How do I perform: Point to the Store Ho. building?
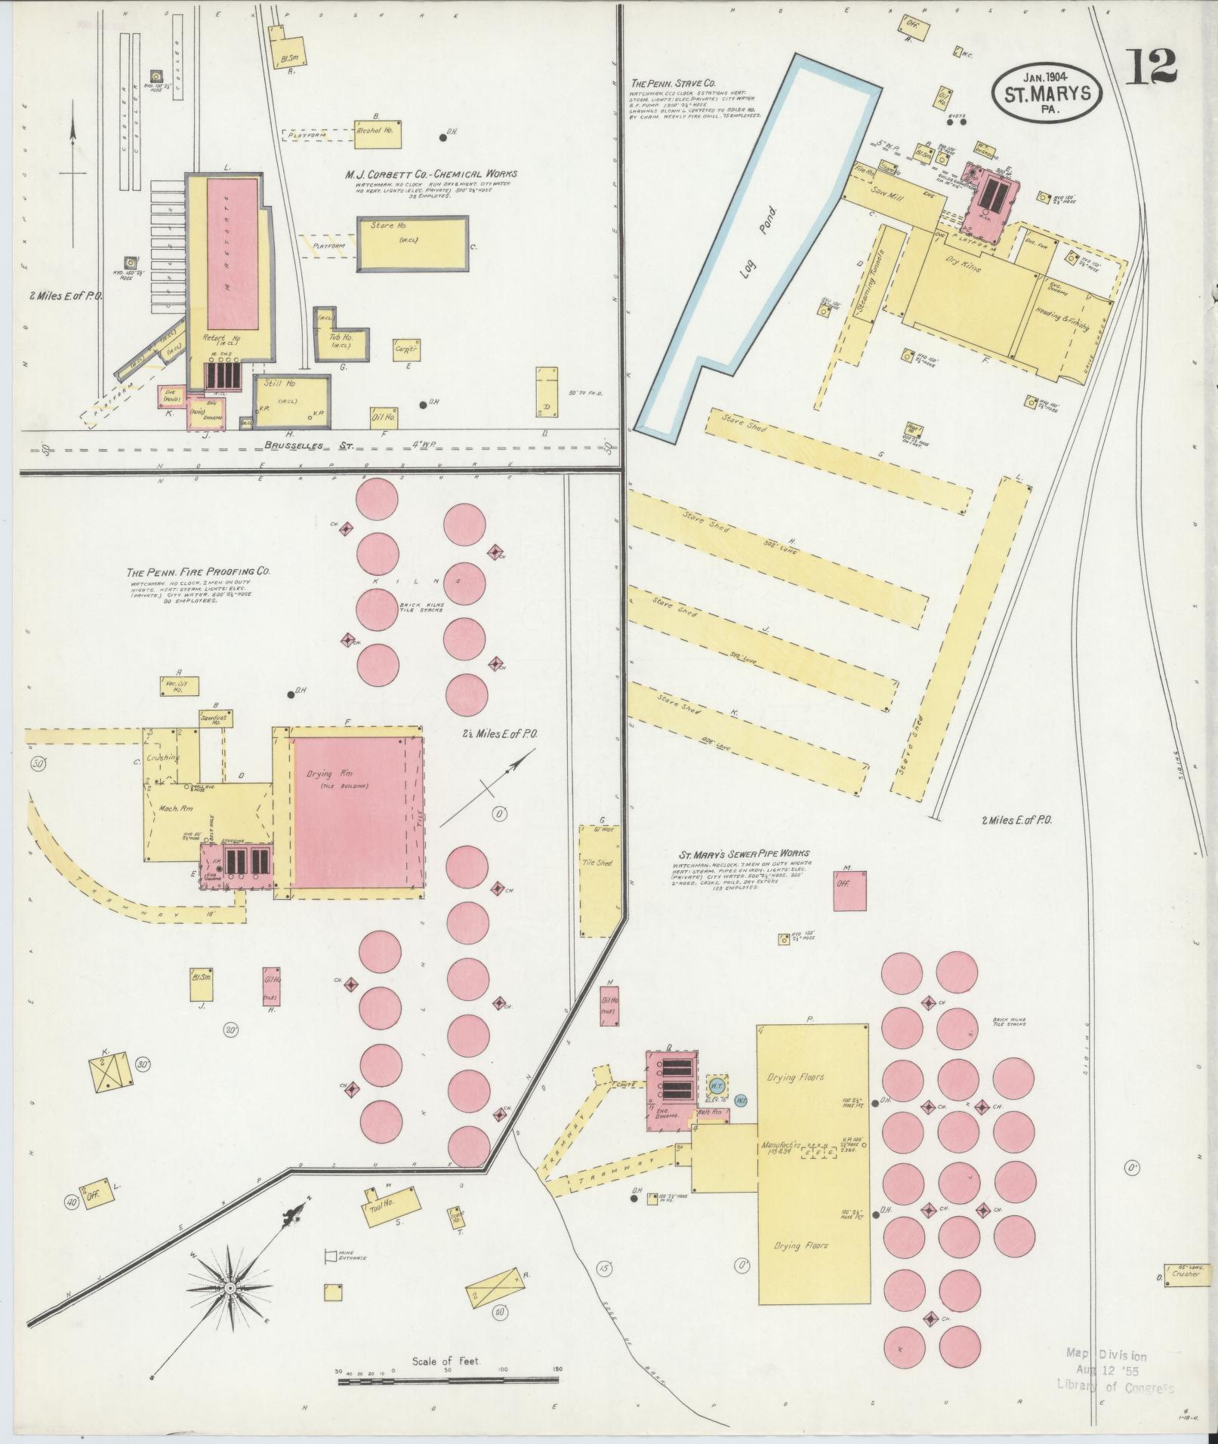pyautogui.click(x=412, y=243)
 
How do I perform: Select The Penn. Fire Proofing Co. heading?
pyautogui.click(x=198, y=571)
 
